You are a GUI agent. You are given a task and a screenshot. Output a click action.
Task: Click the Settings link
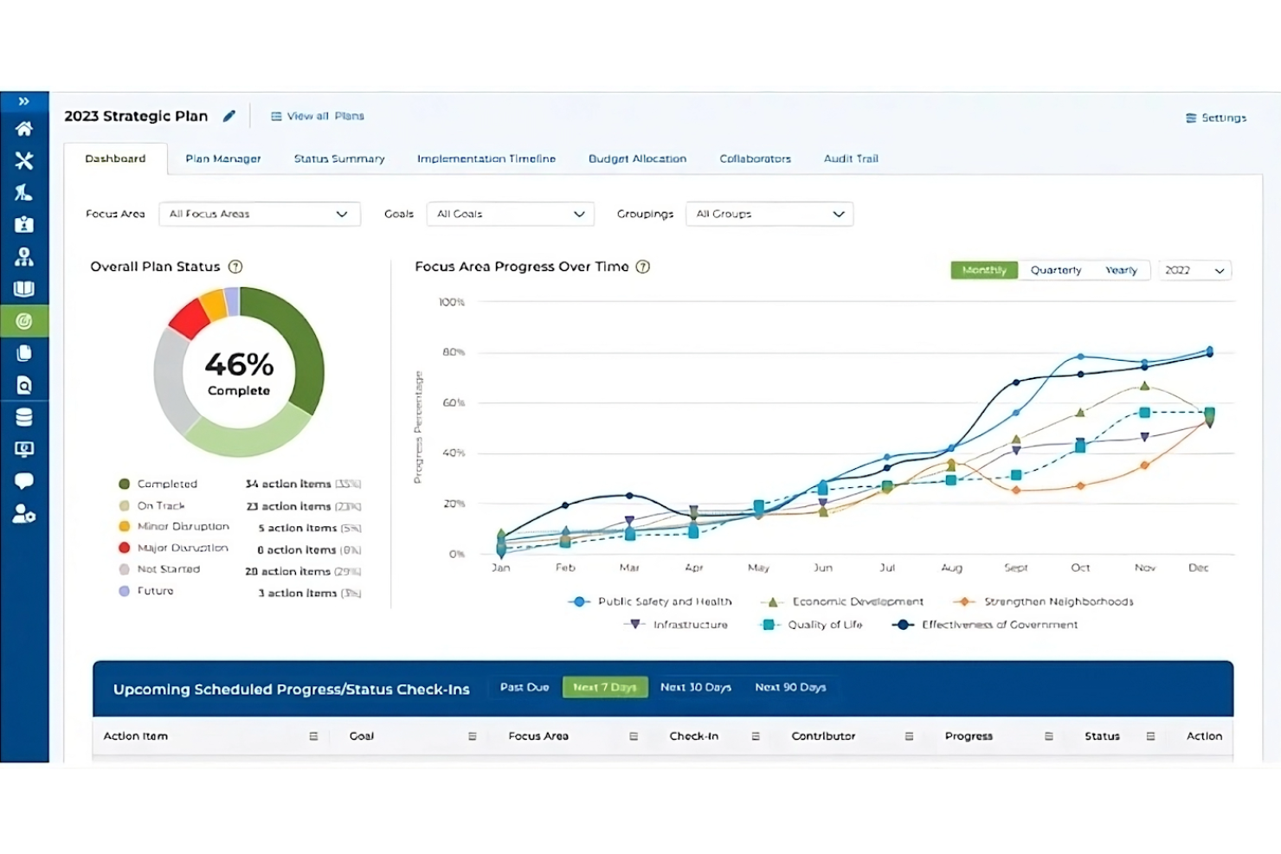click(1216, 118)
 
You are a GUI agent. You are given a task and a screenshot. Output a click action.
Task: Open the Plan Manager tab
click(222, 158)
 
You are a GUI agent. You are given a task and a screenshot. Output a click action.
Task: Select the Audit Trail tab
click(850, 158)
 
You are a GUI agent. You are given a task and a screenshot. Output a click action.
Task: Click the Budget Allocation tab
click(637, 158)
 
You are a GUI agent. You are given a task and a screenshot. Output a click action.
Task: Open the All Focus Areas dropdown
click(259, 214)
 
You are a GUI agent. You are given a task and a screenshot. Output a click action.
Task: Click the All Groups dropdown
click(769, 214)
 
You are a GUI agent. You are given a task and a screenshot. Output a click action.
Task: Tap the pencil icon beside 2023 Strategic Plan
click(229, 116)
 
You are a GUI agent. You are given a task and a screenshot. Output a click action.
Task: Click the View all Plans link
click(318, 116)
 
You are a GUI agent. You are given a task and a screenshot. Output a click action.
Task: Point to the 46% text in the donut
click(239, 364)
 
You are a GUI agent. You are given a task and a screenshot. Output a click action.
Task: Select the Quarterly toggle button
click(1055, 270)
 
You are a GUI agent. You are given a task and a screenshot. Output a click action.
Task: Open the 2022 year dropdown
click(1194, 270)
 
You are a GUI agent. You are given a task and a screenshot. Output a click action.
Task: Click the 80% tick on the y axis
click(454, 352)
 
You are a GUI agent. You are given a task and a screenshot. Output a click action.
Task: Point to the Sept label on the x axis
click(1015, 568)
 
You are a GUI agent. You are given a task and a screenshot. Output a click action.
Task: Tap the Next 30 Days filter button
click(695, 687)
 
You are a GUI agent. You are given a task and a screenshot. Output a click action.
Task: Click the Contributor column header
click(823, 735)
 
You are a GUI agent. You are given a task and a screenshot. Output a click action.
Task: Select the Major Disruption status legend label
click(183, 548)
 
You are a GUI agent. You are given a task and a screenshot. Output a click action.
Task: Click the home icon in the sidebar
click(24, 129)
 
